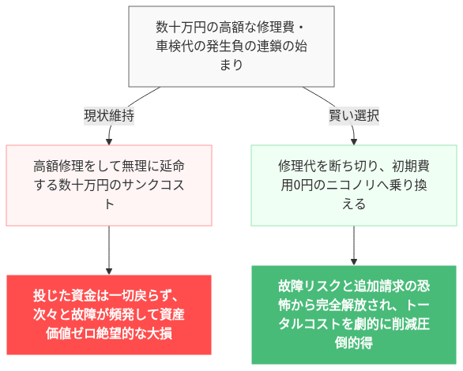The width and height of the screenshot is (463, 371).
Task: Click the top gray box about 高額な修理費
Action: point(231,46)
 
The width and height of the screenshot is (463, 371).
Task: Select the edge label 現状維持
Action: point(109,115)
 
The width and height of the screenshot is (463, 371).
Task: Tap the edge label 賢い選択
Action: point(354,115)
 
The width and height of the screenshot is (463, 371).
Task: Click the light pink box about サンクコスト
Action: point(109,185)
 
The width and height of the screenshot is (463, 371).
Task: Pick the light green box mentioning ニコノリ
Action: point(354,185)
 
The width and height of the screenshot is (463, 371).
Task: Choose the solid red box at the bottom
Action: point(109,314)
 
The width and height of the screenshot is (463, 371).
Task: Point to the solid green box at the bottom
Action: point(354,314)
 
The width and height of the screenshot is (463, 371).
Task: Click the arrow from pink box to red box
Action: point(109,249)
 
